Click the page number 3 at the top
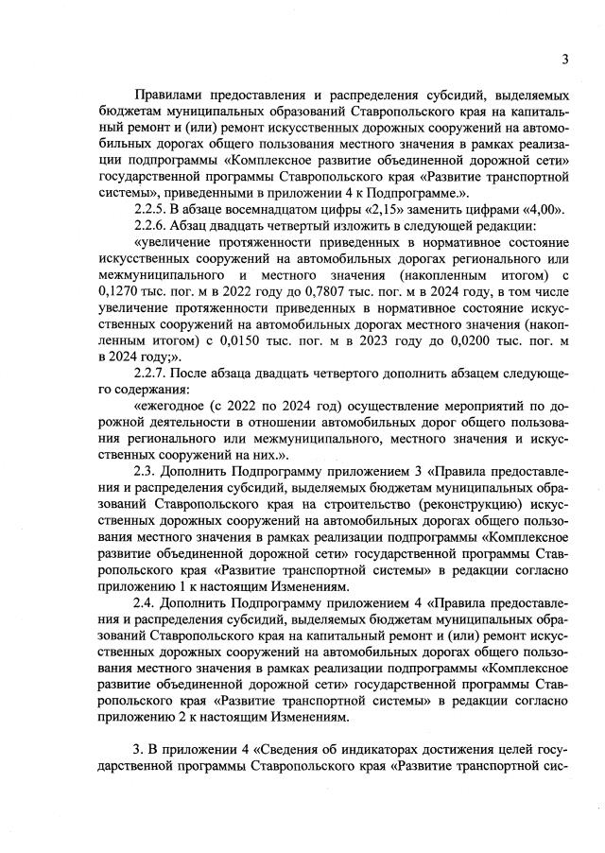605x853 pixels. tap(564, 60)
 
